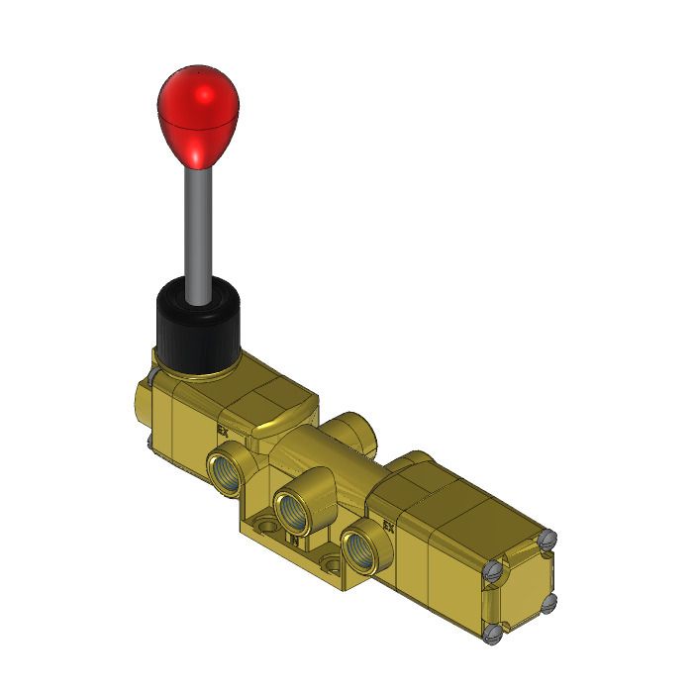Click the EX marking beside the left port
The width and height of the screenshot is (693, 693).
(223, 431)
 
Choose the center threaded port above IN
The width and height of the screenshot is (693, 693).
(293, 509)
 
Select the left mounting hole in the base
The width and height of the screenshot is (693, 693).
(261, 521)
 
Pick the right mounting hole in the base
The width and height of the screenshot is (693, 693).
(333, 565)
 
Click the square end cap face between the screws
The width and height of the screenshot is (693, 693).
(521, 587)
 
